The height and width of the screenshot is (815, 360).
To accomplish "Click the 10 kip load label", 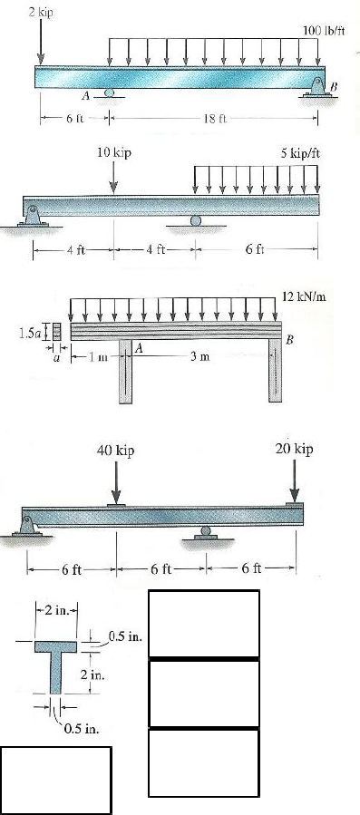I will [114, 153].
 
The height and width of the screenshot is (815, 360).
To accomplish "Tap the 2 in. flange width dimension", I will [60, 606].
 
